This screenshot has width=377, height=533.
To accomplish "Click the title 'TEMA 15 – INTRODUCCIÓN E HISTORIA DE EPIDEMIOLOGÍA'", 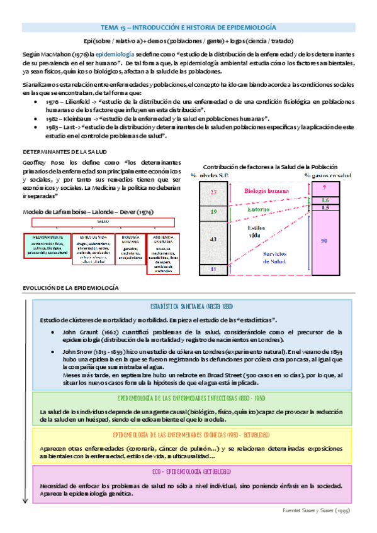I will point(188,28).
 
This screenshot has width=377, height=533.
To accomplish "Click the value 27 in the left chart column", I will point(213,192).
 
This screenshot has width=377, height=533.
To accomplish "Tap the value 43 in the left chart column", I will point(213,240).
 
